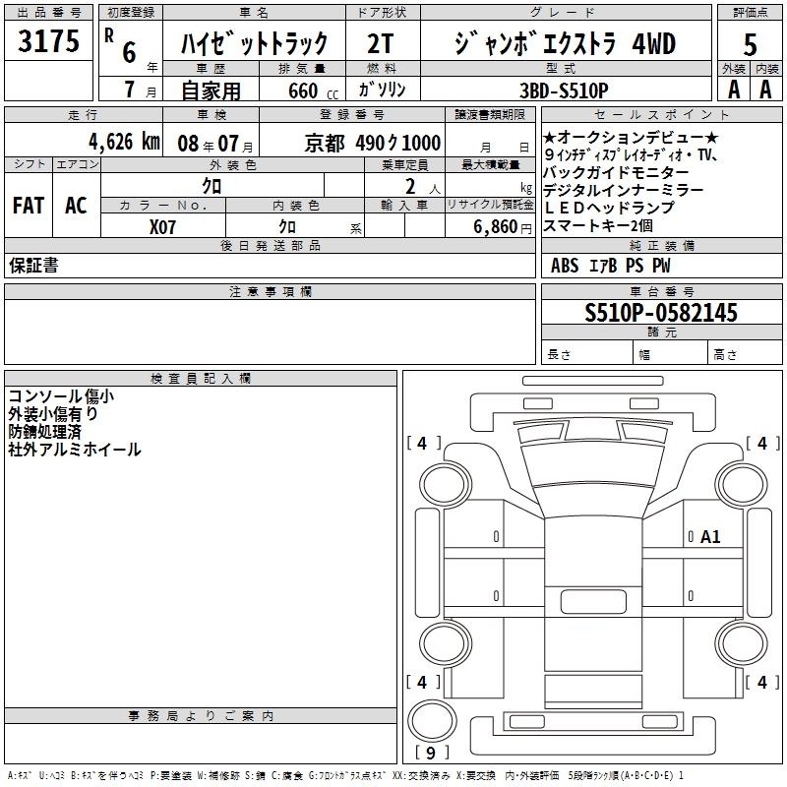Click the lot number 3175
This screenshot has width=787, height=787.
coord(48,41)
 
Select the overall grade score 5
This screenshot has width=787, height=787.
coord(750,45)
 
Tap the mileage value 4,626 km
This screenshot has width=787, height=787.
coord(124,142)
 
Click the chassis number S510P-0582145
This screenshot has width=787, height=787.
coord(661,312)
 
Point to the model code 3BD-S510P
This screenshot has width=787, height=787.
coord(564,91)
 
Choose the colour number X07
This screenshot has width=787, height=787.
coord(162,227)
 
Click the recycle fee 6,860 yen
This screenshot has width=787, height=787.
coord(502,227)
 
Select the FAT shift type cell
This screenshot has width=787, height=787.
coord(29,206)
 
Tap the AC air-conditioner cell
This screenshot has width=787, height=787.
coord(76,206)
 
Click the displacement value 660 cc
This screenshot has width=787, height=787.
coord(313,91)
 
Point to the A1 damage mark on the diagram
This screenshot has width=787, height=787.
coord(710,537)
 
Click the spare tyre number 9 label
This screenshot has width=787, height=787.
coord(431,753)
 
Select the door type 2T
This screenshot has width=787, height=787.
coord(380,43)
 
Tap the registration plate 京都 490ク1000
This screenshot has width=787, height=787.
coord(373,143)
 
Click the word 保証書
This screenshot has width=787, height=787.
coord(33,266)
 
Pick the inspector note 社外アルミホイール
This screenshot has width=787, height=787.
coord(75,450)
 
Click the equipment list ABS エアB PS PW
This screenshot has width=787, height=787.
coord(610,266)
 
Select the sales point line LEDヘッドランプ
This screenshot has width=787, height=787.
coord(609,208)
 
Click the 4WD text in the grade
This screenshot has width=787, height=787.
coord(653,43)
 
